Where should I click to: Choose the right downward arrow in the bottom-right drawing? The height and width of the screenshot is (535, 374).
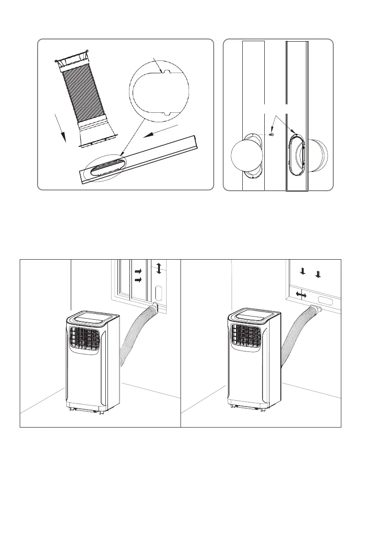tap(318, 274)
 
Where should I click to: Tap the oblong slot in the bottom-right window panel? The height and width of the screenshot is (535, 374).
tap(326, 298)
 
